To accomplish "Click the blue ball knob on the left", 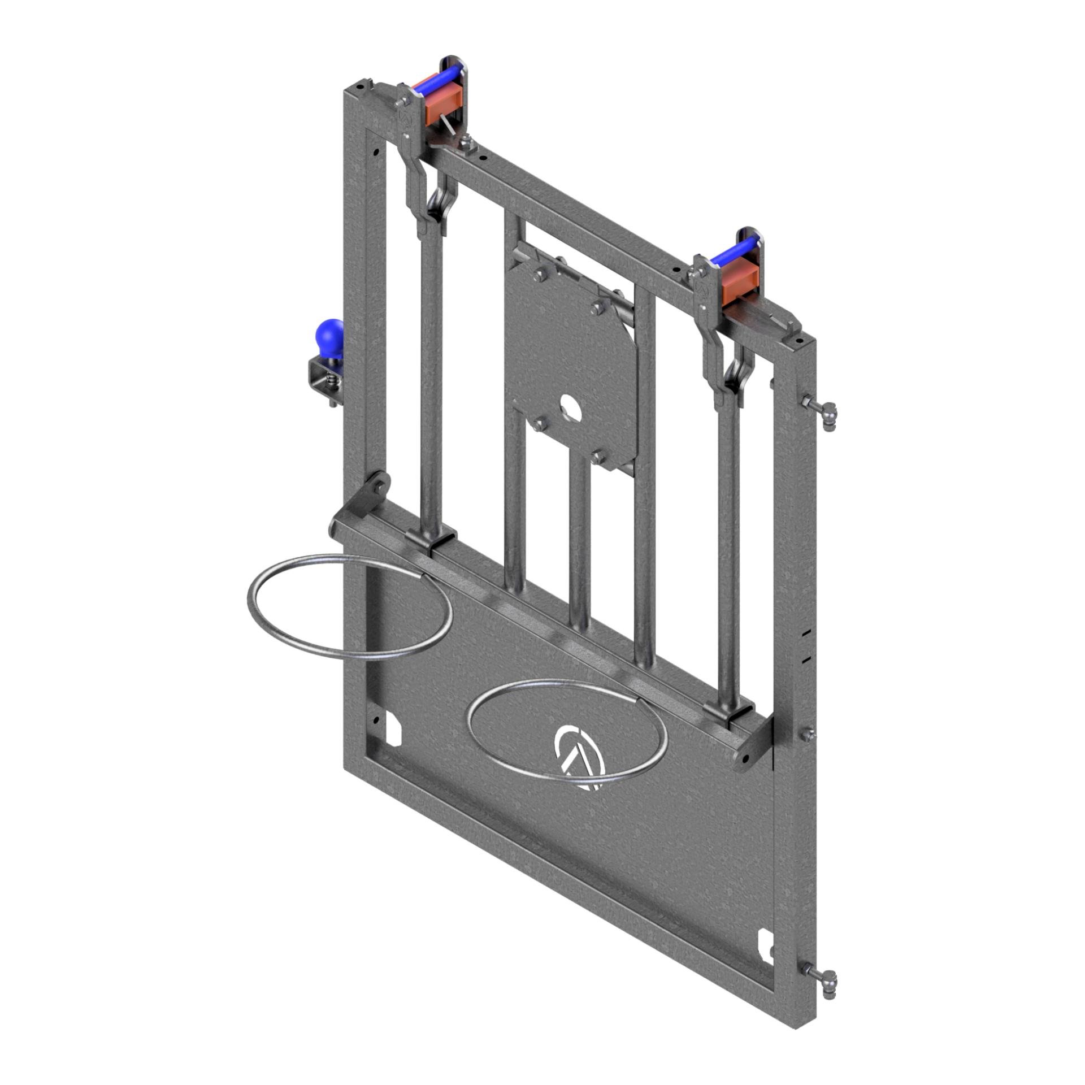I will (x=328, y=337).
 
